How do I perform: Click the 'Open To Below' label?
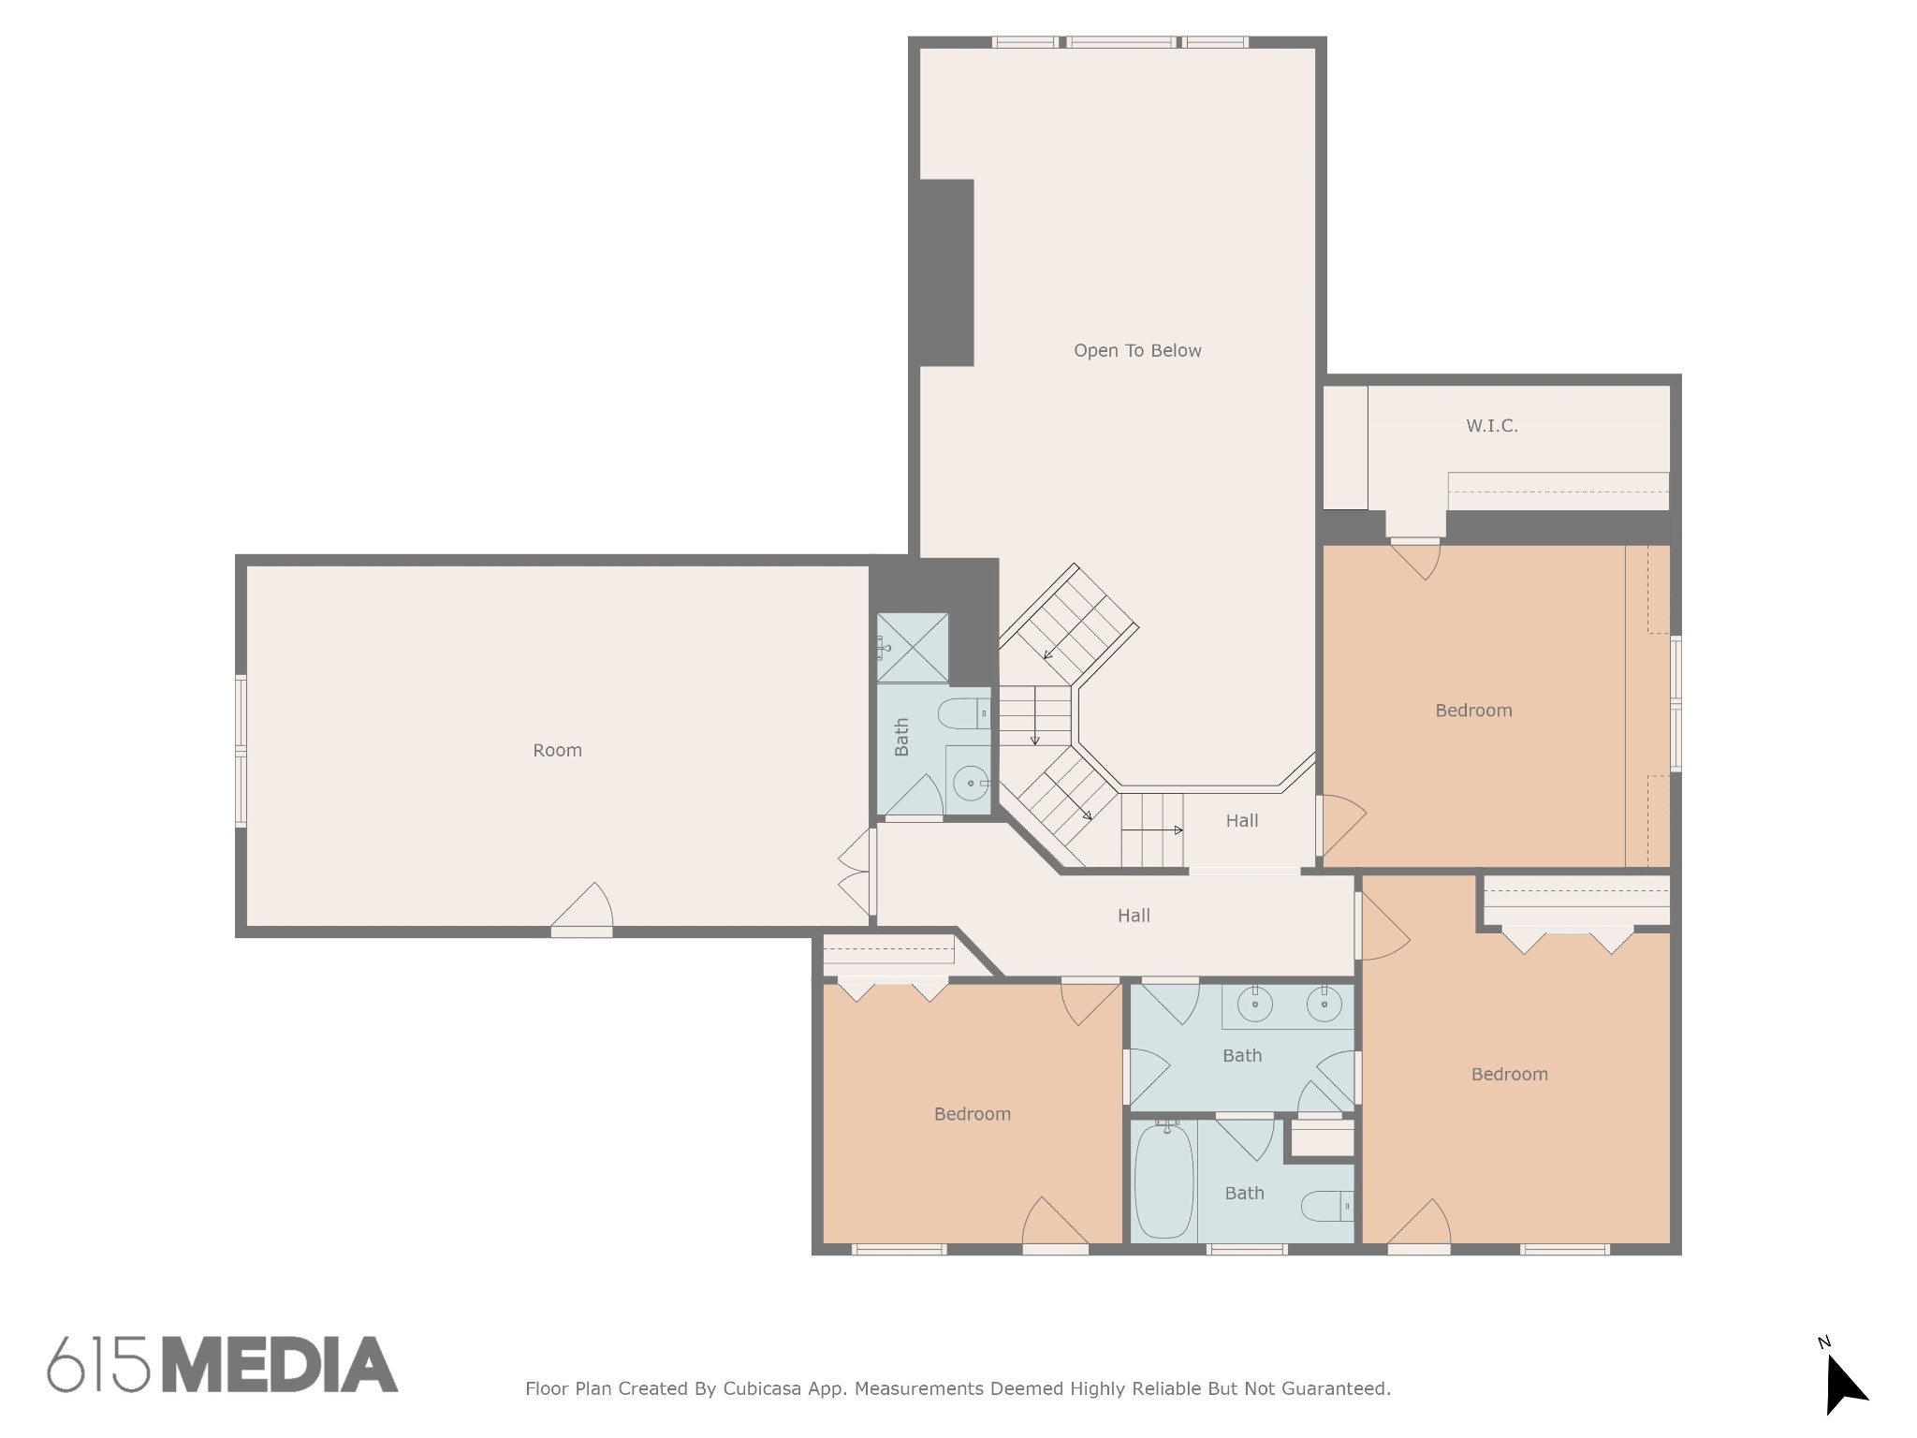(1137, 351)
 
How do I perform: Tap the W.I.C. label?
(1492, 426)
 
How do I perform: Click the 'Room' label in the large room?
(557, 750)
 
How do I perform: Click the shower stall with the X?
(913, 648)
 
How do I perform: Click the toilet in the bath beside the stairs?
(963, 714)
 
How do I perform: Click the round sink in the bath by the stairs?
(971, 783)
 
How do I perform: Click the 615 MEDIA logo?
(223, 1364)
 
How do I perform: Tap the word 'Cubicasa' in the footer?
(762, 1389)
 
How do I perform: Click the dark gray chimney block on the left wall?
(945, 272)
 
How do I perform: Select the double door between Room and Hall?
(857, 873)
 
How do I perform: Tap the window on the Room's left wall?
(241, 751)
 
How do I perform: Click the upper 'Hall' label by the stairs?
(1242, 821)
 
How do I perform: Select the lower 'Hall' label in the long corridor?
(1134, 916)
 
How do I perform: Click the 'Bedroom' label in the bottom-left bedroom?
(973, 1114)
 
